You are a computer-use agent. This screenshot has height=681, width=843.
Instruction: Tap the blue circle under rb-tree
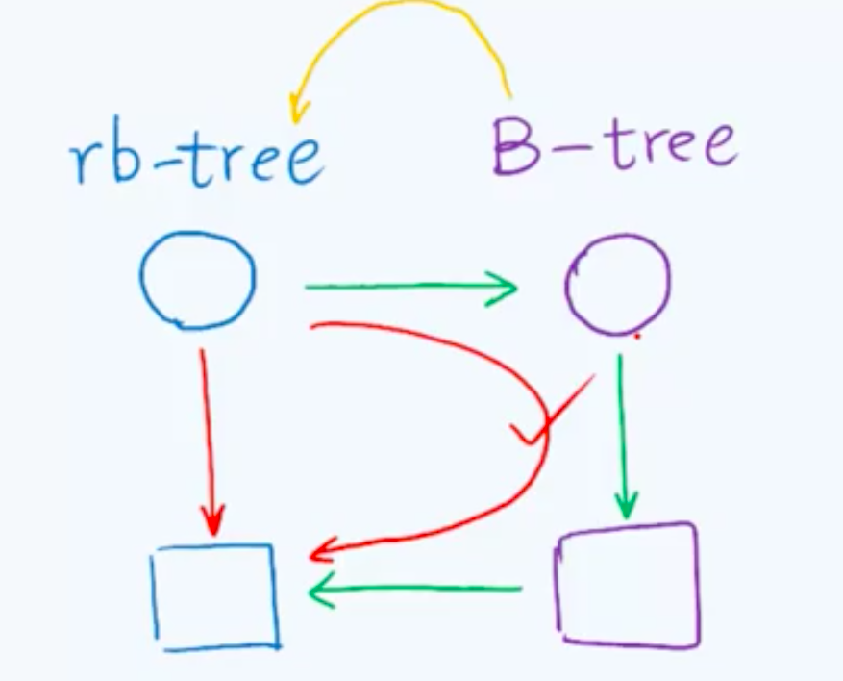[198, 280]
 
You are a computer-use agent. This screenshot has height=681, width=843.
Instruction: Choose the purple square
[627, 584]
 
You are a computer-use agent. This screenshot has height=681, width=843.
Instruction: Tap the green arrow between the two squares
[413, 590]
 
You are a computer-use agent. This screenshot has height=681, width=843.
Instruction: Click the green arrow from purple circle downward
[623, 433]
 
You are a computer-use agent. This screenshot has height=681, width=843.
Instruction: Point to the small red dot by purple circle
[637, 337]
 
